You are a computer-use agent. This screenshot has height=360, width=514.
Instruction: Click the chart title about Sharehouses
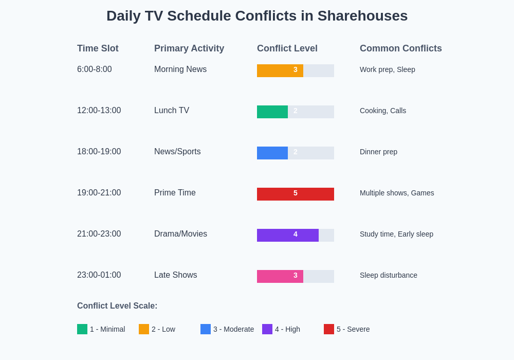257,16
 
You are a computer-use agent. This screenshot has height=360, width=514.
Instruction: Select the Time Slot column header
98,48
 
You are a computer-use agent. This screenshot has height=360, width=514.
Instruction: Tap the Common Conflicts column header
400,48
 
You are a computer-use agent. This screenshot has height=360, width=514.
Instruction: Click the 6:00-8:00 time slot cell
95,69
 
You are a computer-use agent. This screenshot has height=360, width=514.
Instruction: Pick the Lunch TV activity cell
172,111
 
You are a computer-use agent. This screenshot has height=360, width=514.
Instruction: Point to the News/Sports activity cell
177,152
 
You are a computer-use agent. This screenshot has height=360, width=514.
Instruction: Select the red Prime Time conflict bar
296,194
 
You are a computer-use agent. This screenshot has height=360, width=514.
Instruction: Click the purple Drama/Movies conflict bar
288,235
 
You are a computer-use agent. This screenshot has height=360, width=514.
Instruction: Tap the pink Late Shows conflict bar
280,276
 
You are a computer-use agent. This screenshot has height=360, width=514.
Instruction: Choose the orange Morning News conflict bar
280,70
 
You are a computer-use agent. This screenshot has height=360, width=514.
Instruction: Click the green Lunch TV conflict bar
272,112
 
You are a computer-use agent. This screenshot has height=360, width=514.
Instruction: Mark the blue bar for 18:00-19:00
272,153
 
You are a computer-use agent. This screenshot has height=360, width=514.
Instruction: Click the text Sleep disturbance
389,275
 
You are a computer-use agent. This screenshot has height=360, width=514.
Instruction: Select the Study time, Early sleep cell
396,234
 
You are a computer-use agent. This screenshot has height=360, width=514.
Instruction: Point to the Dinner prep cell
378,152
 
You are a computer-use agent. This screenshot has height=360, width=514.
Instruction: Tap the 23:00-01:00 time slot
99,275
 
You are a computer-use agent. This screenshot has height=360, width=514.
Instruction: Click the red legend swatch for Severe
329,329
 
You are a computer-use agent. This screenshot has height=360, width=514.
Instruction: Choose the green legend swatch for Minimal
82,329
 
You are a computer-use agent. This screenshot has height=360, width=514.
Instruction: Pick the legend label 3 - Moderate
233,329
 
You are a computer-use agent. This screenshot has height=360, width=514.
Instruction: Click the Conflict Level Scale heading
117,306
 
